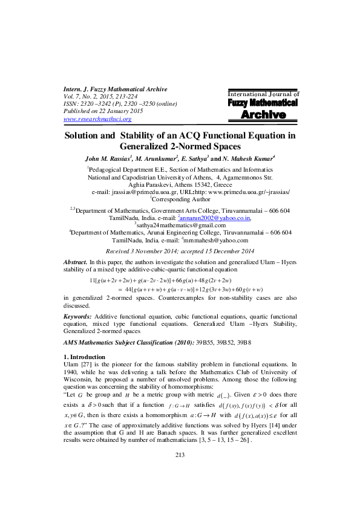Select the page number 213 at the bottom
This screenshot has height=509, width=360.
[x=180, y=489]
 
